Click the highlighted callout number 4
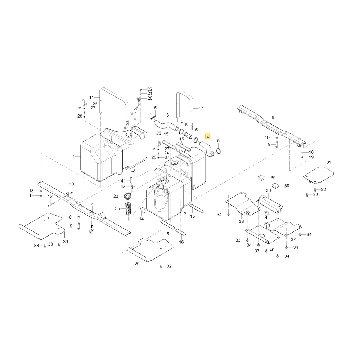208,137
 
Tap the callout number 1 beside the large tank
74,157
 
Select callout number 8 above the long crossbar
273,117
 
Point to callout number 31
329,162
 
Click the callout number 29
137,264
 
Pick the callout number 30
66,242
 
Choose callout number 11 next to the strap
91,97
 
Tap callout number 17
201,108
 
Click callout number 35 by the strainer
117,208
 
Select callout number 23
116,196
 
